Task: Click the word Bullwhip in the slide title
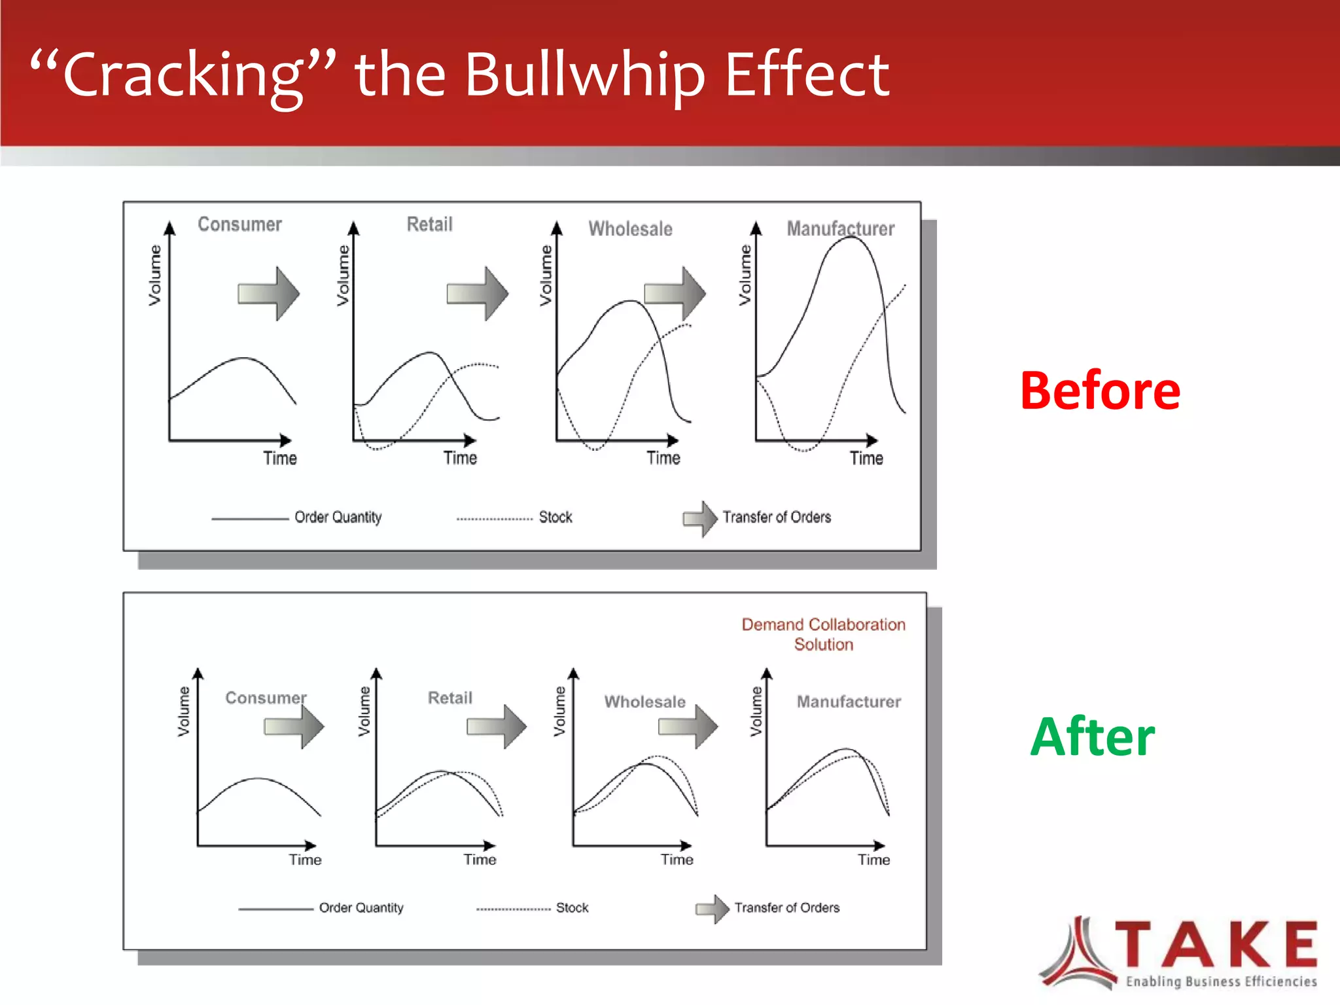click(584, 75)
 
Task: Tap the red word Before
click(1100, 391)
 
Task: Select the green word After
click(1092, 737)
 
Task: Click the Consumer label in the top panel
click(239, 224)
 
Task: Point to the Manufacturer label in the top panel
click(840, 228)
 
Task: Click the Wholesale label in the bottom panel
click(644, 701)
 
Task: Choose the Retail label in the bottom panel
click(450, 697)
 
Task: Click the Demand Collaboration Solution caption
click(823, 634)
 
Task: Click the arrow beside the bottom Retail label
click(497, 726)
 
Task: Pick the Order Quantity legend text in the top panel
click(338, 518)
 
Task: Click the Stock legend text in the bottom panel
click(572, 908)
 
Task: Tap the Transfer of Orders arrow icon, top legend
click(700, 518)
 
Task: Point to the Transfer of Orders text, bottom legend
click(786, 908)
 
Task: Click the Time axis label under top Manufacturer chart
click(866, 458)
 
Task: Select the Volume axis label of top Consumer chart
click(154, 275)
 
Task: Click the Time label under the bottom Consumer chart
click(305, 860)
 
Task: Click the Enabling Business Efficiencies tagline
click(1221, 981)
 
